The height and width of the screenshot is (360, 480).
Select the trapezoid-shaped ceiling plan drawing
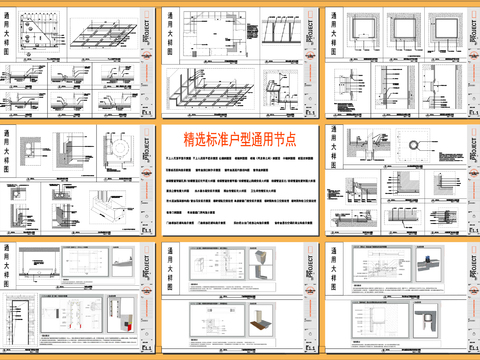[41, 30]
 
